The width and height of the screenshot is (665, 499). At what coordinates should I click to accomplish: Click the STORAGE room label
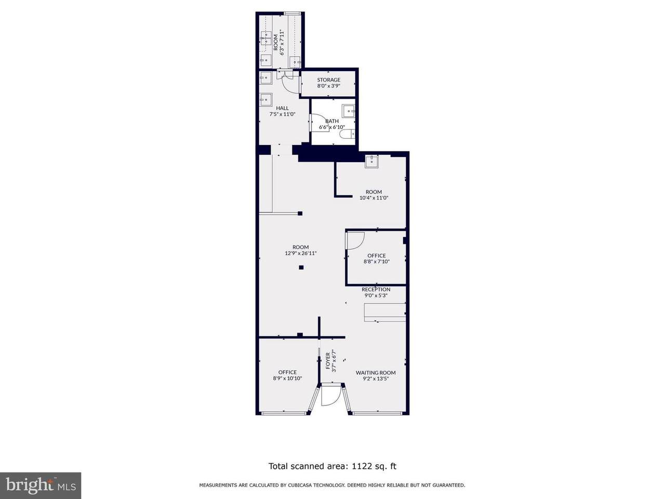point(328,80)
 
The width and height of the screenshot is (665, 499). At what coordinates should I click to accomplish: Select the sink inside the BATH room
point(349,111)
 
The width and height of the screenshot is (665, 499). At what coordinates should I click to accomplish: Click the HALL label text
point(282,108)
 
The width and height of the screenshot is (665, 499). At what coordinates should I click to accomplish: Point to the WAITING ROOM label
point(376,373)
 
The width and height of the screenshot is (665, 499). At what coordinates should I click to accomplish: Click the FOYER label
point(328,361)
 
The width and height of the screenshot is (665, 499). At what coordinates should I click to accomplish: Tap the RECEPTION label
point(376,290)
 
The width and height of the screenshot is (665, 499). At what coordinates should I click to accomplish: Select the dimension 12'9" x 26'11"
point(300,253)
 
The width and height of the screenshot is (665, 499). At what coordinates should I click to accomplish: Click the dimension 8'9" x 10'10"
point(287,378)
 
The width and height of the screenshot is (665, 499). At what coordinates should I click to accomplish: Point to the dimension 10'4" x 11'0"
point(374,198)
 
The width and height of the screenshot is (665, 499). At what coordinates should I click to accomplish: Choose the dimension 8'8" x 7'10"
point(376,261)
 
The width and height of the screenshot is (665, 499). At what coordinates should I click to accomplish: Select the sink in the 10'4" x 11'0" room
point(371,162)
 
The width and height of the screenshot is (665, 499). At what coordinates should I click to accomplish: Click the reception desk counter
point(385,312)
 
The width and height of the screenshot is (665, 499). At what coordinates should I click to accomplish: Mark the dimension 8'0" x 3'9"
point(328,86)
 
